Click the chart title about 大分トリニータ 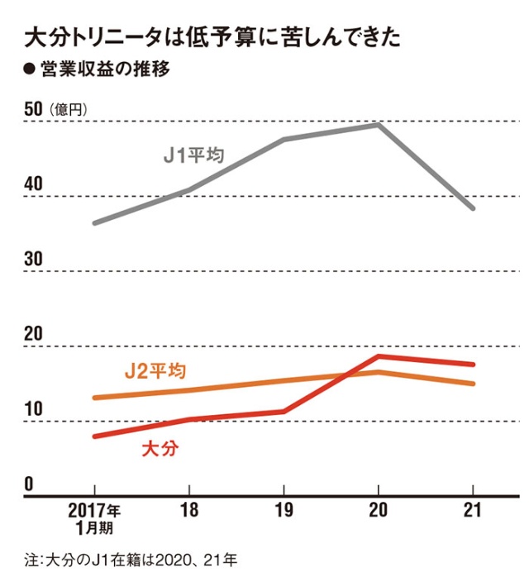(214, 37)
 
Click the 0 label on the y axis (26, 484)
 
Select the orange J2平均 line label (155, 371)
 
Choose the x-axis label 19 (284, 509)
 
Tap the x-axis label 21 (472, 509)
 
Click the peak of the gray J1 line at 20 (378, 125)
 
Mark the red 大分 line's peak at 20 (379, 356)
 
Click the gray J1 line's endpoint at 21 (473, 208)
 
